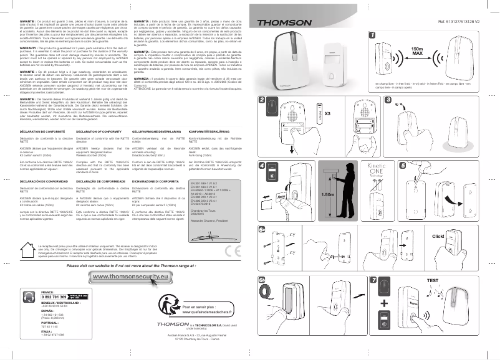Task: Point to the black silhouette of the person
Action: (x=343, y=191)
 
